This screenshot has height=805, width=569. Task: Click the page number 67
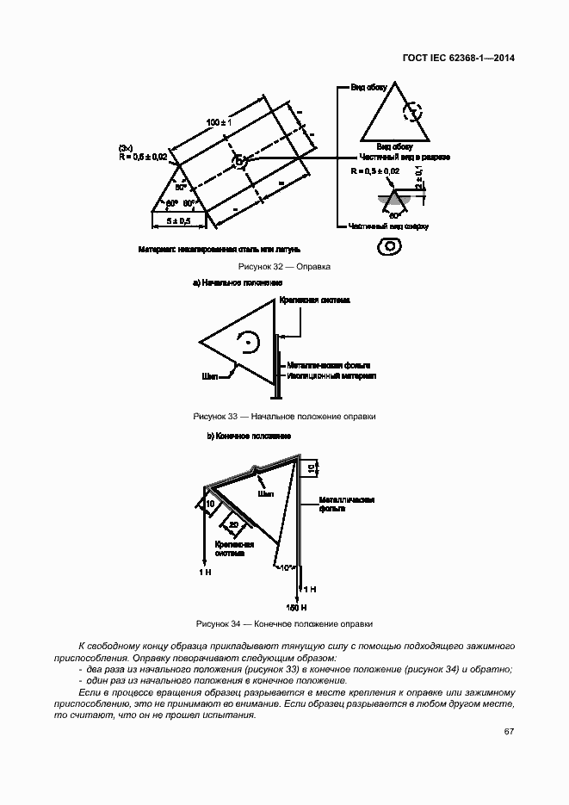(x=510, y=732)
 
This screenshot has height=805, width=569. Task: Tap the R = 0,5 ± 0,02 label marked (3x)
(x=143, y=157)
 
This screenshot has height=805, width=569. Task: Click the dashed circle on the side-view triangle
(x=415, y=112)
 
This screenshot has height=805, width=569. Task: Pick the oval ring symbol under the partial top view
(x=389, y=247)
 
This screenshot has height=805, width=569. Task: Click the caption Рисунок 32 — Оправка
(x=284, y=267)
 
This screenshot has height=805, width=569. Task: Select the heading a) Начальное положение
(x=237, y=282)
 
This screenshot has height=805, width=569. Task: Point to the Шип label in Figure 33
(x=208, y=376)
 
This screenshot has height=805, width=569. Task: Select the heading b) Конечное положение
(x=248, y=437)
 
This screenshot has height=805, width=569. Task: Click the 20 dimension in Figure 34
(x=233, y=524)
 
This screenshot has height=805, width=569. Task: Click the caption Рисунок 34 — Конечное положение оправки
(x=284, y=623)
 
